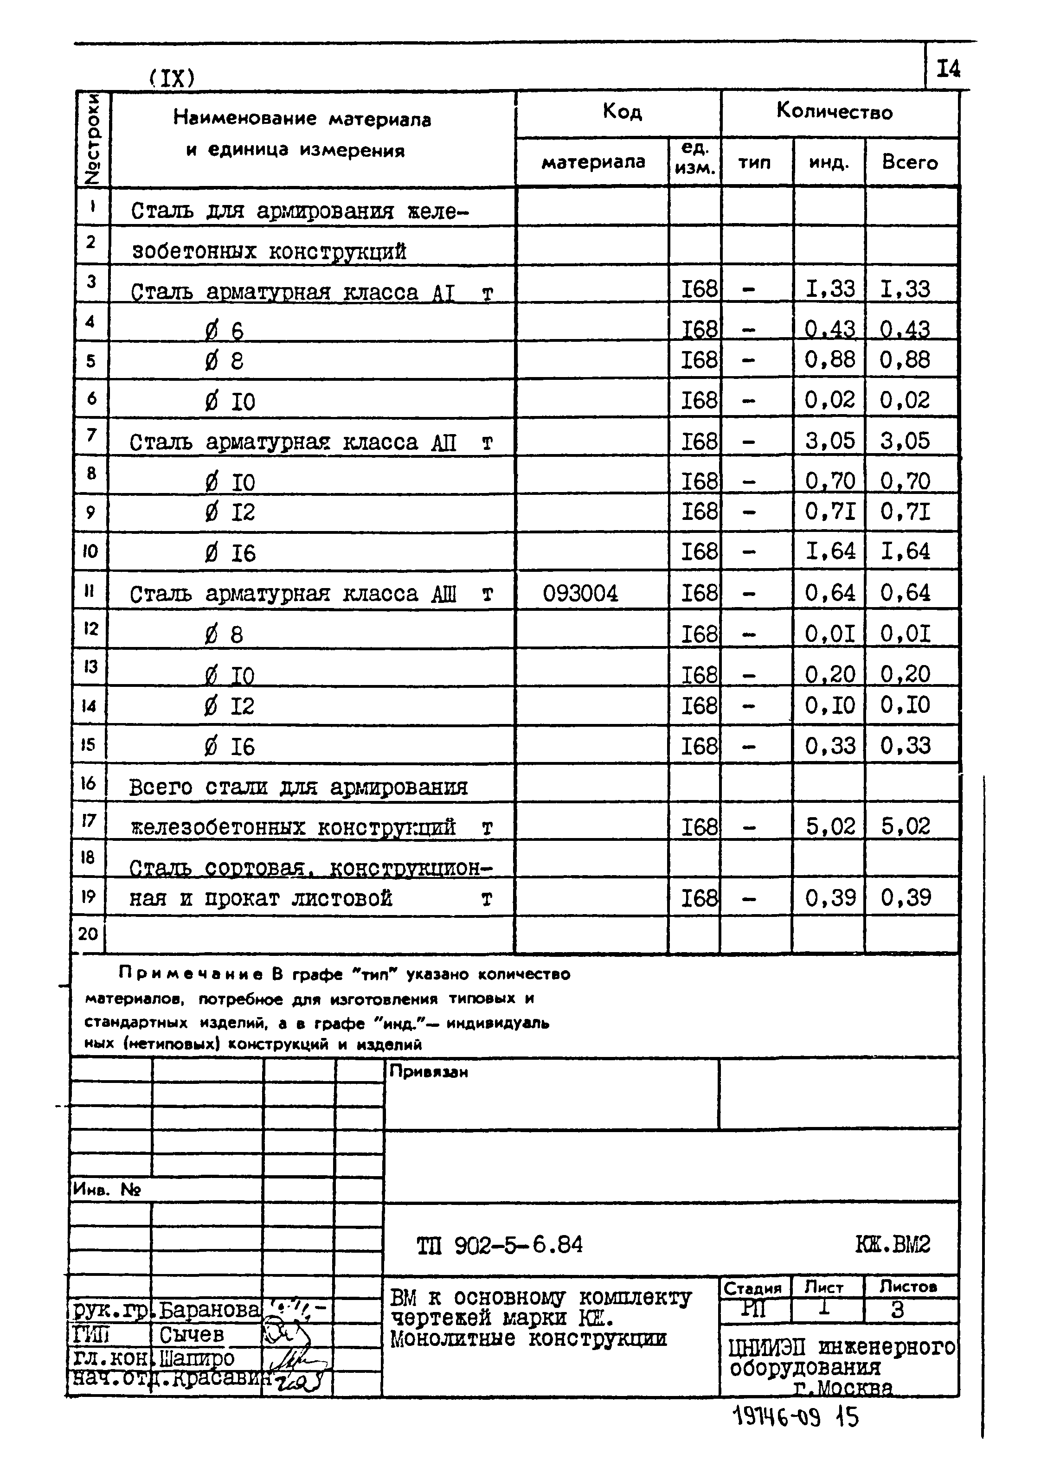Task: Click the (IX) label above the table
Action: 171,78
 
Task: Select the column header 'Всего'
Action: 910,162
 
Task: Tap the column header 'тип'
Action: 754,162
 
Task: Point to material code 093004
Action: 580,593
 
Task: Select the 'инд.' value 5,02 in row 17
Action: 830,826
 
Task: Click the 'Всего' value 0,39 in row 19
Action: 906,897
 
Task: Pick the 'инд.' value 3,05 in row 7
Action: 830,441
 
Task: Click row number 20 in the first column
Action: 88,934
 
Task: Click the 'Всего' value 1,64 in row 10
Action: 906,551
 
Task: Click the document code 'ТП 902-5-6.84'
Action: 499,1244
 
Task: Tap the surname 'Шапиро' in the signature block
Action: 197,1358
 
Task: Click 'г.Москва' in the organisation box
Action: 843,1388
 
